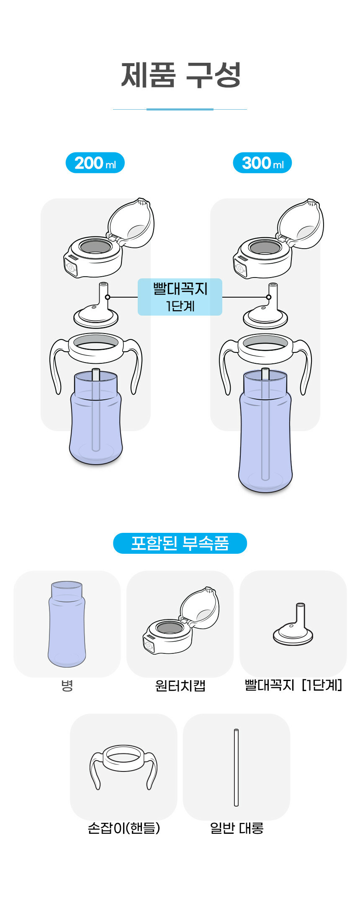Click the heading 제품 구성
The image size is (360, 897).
click(181, 75)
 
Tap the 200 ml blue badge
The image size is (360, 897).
click(95, 163)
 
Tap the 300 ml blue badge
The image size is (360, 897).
click(262, 163)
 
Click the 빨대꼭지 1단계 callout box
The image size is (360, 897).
click(180, 297)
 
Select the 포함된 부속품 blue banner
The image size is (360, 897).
click(180, 543)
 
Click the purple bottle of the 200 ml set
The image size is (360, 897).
click(96, 423)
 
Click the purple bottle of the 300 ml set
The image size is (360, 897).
click(265, 435)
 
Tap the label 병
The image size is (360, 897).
click(67, 686)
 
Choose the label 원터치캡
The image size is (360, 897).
click(180, 686)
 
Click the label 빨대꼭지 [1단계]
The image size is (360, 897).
click(293, 685)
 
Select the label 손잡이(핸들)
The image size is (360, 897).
click(123, 828)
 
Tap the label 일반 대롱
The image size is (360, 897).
click(237, 828)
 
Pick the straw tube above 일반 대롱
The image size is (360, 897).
click(236, 767)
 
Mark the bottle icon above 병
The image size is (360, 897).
click(67, 624)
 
